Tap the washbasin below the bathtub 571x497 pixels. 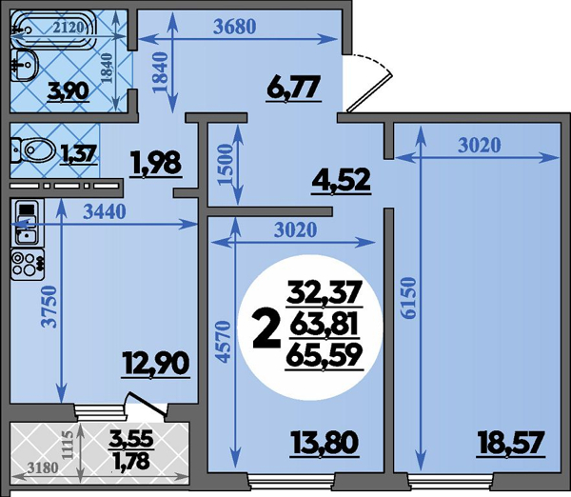tap(25, 65)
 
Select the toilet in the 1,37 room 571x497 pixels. tap(33, 149)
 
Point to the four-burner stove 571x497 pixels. tap(28, 264)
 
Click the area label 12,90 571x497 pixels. tap(156, 363)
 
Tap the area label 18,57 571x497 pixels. tap(511, 442)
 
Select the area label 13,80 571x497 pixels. tap(325, 442)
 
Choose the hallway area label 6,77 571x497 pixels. tap(293, 87)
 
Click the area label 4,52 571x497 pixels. tap(341, 180)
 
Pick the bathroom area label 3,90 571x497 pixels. tap(69, 90)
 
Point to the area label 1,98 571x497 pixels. tap(157, 163)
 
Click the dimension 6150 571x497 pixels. tap(410, 298)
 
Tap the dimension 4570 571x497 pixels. tap(224, 342)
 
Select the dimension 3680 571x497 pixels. tap(235, 27)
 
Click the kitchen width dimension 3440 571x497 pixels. tap(105, 211)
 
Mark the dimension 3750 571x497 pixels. tap(49, 308)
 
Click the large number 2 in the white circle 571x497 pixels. tap(266, 332)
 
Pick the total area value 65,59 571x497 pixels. tap(324, 356)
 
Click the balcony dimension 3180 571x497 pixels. tap(44, 467)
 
